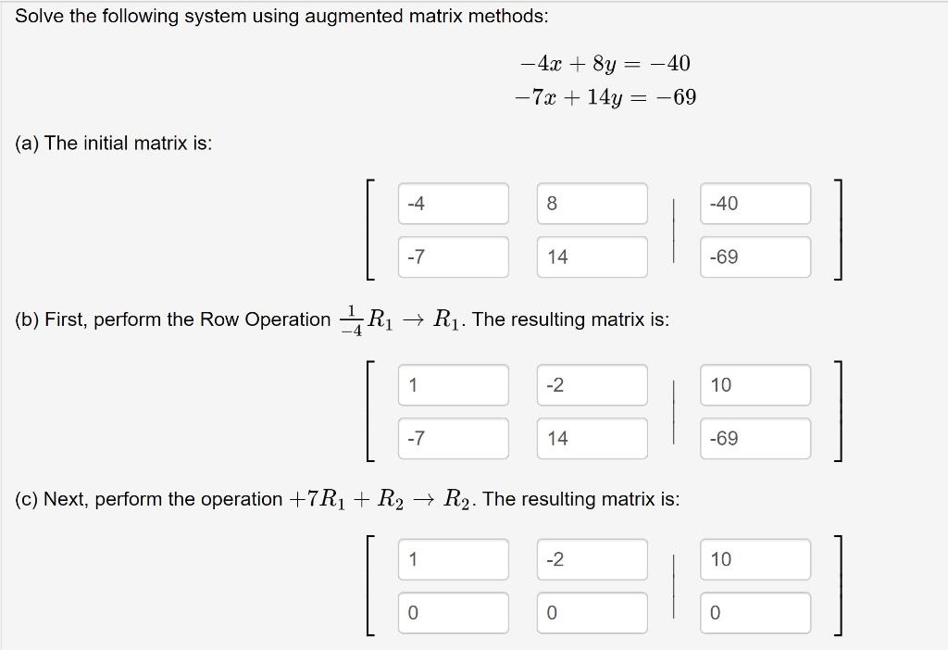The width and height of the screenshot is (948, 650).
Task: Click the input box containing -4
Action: point(453,204)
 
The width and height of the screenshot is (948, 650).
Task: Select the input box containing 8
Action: point(592,204)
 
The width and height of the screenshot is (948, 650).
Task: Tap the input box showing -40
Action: point(755,204)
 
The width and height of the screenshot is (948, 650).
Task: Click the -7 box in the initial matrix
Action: point(453,257)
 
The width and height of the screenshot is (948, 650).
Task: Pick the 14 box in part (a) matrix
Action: point(592,257)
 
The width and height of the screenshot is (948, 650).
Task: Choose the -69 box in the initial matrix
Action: point(755,257)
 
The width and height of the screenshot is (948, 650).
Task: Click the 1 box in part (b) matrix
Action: point(453,385)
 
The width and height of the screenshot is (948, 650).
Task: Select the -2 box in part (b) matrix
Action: point(592,385)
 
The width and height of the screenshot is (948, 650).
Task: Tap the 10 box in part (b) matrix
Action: point(755,385)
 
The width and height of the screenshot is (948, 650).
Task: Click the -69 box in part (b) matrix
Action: point(755,439)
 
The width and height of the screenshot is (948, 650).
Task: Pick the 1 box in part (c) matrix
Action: point(453,559)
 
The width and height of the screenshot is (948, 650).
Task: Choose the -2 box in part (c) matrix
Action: point(592,559)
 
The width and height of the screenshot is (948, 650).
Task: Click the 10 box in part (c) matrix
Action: point(755,559)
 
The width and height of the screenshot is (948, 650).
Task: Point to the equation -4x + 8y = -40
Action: point(605,64)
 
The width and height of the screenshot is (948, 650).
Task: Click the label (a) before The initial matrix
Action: point(27,144)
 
